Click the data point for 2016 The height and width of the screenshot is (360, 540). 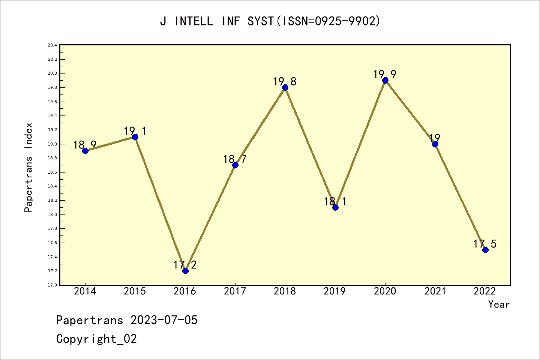pyautogui.click(x=185, y=271)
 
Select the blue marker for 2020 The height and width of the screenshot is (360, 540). pyautogui.click(x=385, y=80)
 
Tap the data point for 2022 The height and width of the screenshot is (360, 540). pyautogui.click(x=485, y=250)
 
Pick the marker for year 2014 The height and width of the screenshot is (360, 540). pyautogui.click(x=85, y=151)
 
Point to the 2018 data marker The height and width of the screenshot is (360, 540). pyautogui.click(x=285, y=87)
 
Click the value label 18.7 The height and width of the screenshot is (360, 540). pyautogui.click(x=235, y=159)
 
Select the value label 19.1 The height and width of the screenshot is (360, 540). pyautogui.click(x=135, y=131)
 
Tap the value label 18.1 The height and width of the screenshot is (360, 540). pyautogui.click(x=335, y=202)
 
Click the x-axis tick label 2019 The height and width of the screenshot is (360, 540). pyautogui.click(x=335, y=291)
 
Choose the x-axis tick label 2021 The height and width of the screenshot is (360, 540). pyautogui.click(x=435, y=291)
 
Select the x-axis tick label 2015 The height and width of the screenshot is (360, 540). pyautogui.click(x=135, y=291)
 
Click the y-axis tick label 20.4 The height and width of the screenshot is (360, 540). pyautogui.click(x=52, y=45)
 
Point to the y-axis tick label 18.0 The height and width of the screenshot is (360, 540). pyautogui.click(x=52, y=214)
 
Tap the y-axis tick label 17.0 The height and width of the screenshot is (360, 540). pyautogui.click(x=52, y=285)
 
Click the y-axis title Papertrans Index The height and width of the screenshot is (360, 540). pyautogui.click(x=28, y=167)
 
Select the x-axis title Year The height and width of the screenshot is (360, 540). pyautogui.click(x=499, y=304)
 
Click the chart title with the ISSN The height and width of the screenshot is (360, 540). pyautogui.click(x=270, y=21)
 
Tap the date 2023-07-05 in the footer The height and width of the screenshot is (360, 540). pyautogui.click(x=164, y=320)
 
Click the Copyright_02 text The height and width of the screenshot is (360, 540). pyautogui.click(x=96, y=339)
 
